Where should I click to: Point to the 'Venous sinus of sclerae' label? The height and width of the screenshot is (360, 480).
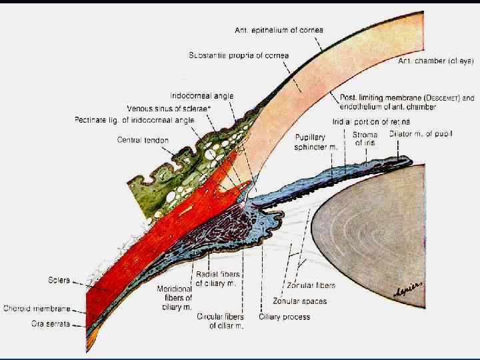[168, 109]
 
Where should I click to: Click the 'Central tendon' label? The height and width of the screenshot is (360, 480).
[143, 140]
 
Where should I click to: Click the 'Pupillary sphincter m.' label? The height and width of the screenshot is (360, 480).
[316, 142]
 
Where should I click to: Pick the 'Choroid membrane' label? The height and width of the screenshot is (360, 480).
[37, 309]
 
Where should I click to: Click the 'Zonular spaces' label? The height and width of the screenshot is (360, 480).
[301, 301]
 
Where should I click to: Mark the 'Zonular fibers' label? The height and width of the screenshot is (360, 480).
[311, 285]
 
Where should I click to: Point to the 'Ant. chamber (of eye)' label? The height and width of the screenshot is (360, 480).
[435, 61]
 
